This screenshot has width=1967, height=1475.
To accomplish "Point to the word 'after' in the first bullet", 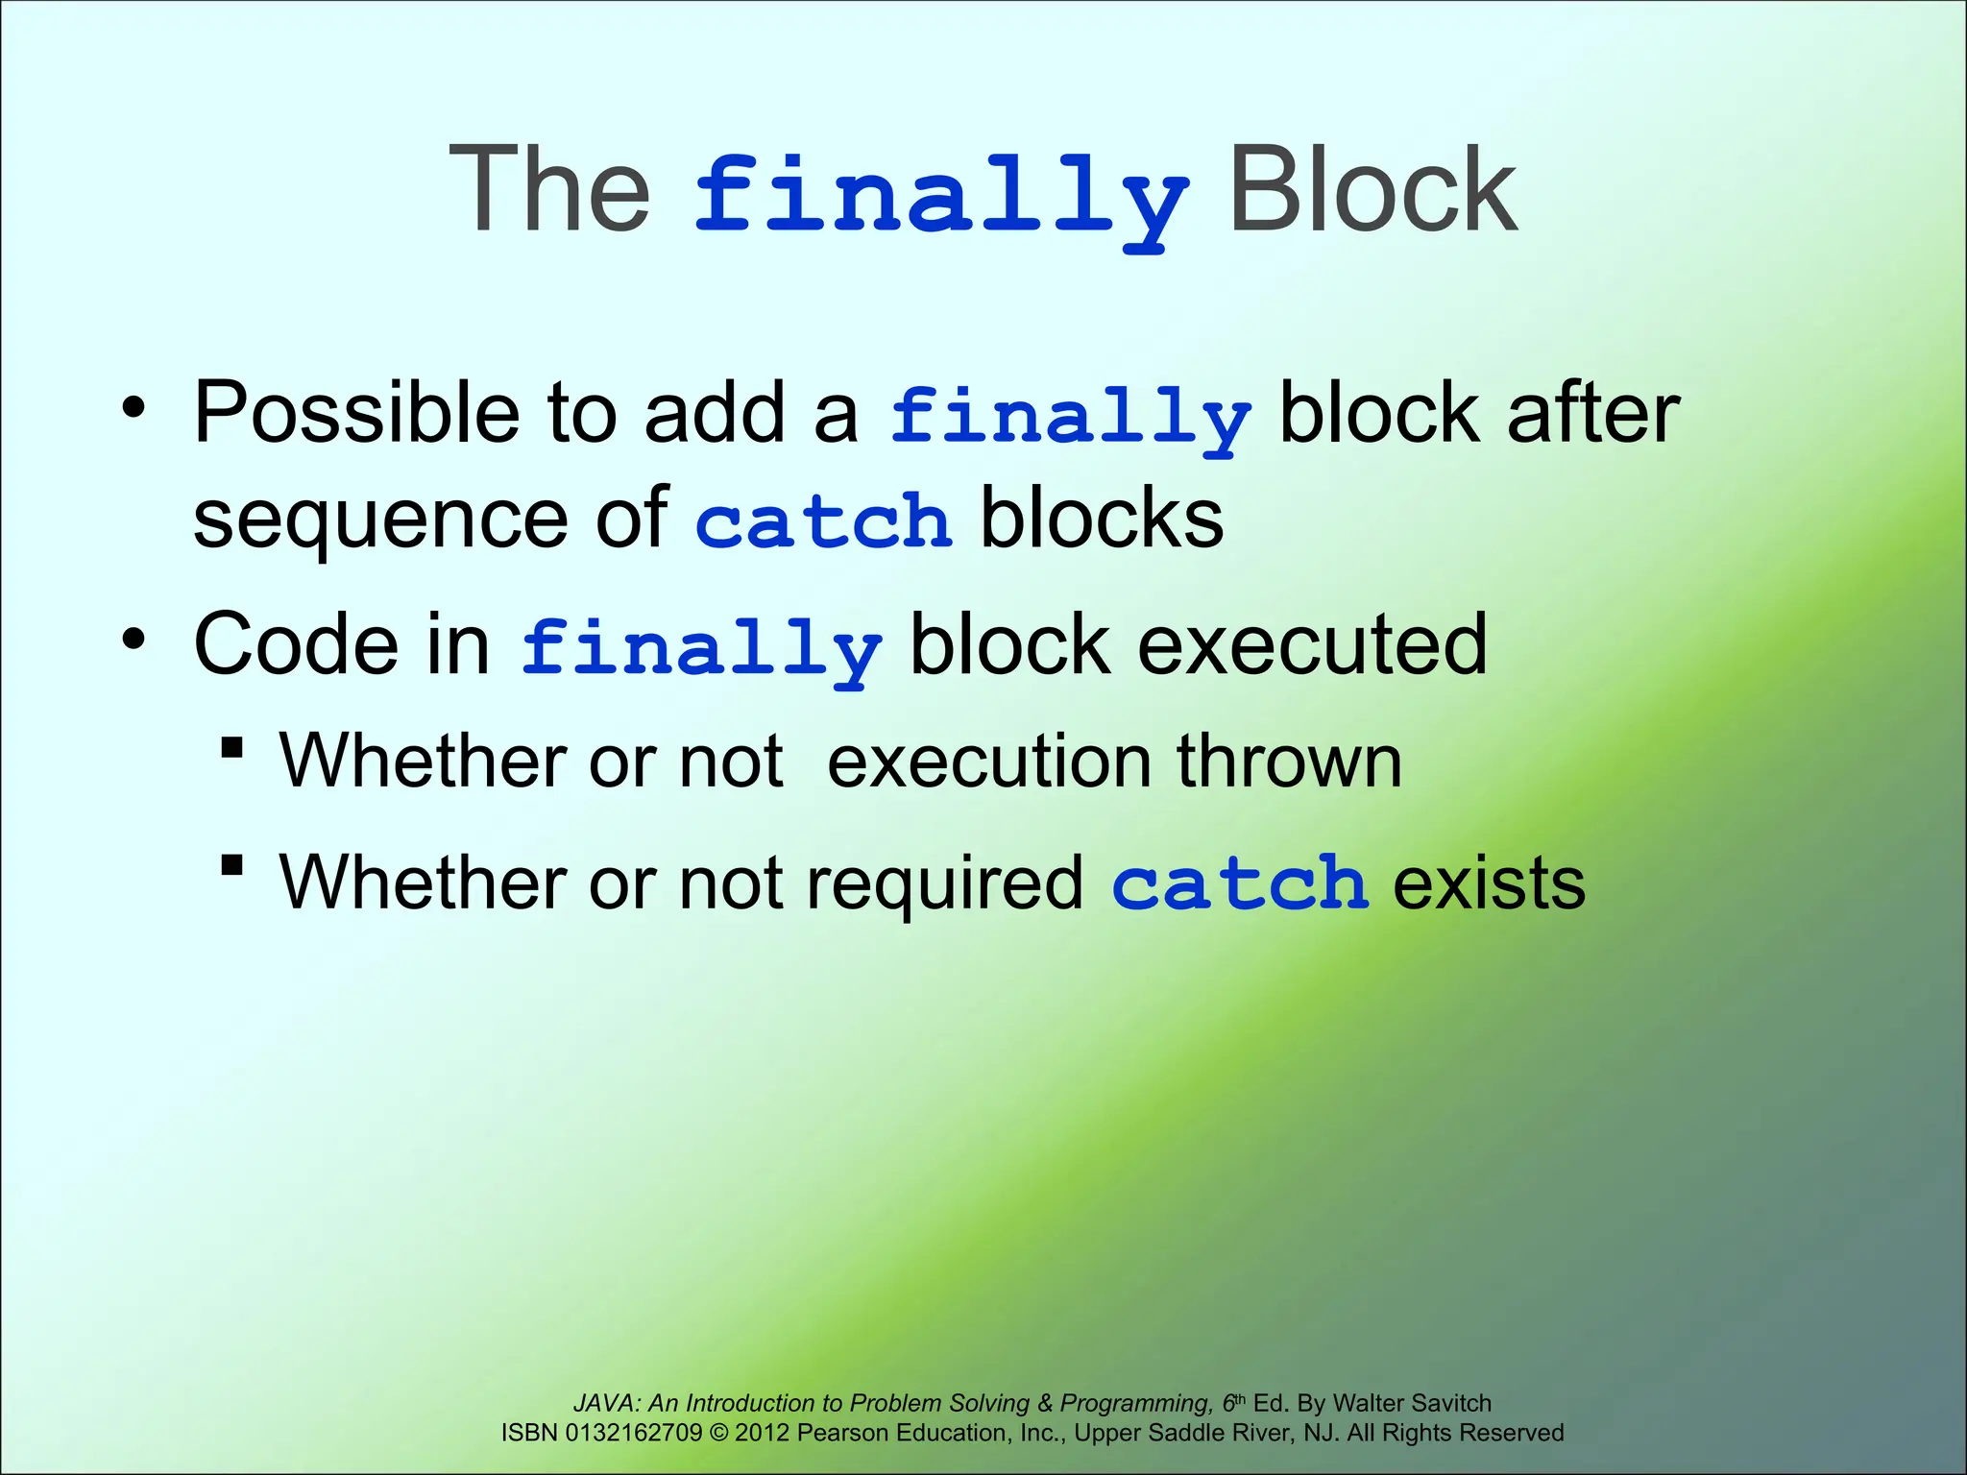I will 1592,413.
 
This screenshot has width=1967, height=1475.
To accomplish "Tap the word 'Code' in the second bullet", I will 296,644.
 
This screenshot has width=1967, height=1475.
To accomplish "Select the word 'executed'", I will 1312,644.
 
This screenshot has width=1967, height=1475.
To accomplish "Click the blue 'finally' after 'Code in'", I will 700,648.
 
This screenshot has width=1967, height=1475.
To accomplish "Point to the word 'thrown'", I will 1290,762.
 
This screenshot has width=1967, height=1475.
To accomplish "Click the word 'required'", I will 944,883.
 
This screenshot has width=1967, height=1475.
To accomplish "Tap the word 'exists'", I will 1489,883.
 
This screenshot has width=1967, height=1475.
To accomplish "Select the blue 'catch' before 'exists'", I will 1239,883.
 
